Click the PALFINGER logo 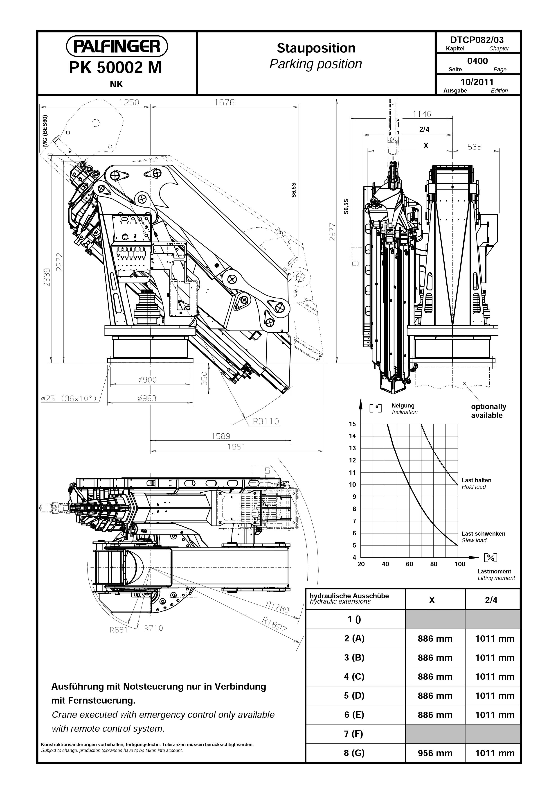point(117,46)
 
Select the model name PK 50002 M point(115,68)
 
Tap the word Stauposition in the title point(316,48)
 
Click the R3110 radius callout point(266,421)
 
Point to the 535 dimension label point(475,147)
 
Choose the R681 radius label point(118,630)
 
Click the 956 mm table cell point(435,753)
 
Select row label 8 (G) point(354,753)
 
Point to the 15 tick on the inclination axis point(352,424)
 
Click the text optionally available point(488,411)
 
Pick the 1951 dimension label point(236,447)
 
